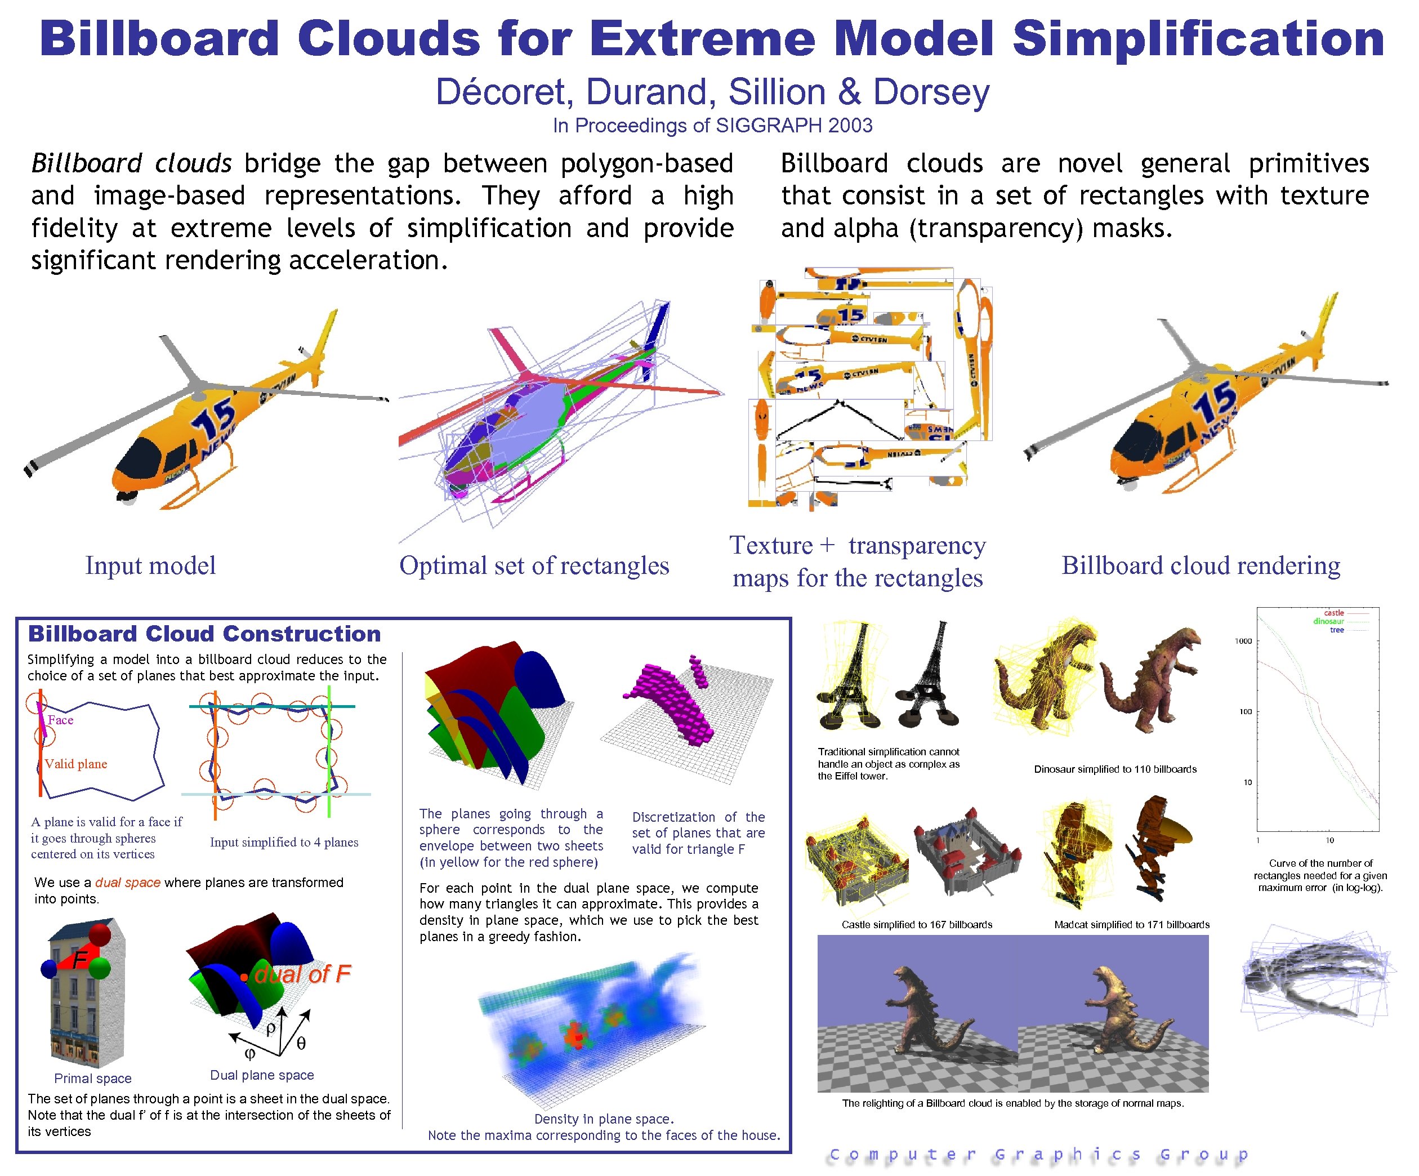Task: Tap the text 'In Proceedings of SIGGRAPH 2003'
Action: tap(712, 126)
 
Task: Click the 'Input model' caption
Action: tap(150, 565)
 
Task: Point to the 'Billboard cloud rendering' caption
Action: tap(1200, 565)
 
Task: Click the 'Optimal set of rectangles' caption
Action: tap(534, 565)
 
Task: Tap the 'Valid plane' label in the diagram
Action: tap(75, 764)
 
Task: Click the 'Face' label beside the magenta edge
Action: tap(60, 720)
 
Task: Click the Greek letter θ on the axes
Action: tap(301, 1044)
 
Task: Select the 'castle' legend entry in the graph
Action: tap(1333, 612)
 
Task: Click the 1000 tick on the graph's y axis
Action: tap(1243, 641)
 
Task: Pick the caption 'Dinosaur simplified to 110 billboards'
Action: tap(1115, 769)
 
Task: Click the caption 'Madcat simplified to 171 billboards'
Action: tap(1131, 925)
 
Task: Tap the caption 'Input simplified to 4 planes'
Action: tap(284, 842)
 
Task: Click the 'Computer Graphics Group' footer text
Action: tap(1038, 1155)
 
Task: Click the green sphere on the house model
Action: tap(99, 968)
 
